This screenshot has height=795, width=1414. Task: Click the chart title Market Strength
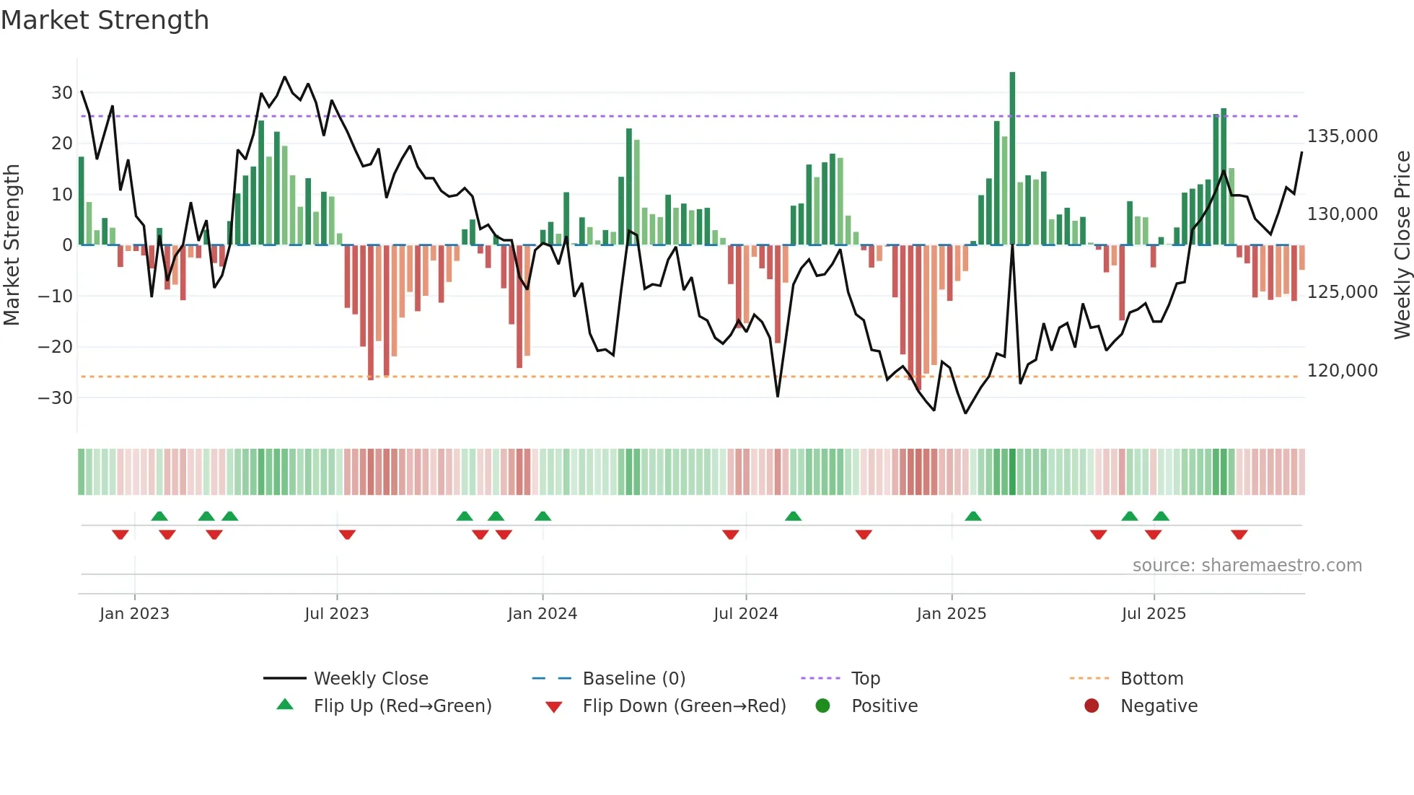click(x=105, y=20)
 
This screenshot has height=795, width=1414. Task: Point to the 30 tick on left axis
click(x=61, y=93)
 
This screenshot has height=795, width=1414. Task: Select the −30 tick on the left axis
click(x=56, y=397)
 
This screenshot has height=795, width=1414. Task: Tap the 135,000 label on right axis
click(x=1342, y=136)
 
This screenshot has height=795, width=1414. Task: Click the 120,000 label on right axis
click(x=1342, y=371)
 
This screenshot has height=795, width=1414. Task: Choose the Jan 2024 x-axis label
click(x=542, y=614)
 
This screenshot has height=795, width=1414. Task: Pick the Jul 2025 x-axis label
click(x=1153, y=614)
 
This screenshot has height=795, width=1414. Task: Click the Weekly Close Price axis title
click(x=1402, y=245)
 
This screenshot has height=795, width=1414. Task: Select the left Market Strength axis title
click(x=12, y=245)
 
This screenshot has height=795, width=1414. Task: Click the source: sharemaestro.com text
click(x=1247, y=566)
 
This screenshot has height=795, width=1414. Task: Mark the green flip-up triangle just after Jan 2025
click(x=972, y=517)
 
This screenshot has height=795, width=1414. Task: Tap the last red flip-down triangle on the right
click(x=1239, y=535)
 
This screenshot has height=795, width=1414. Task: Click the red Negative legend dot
click(x=1092, y=706)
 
